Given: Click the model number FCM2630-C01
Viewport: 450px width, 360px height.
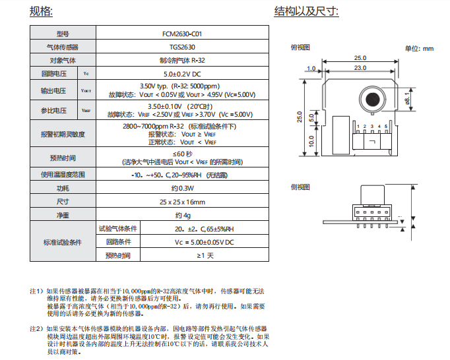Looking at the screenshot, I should point(182,34).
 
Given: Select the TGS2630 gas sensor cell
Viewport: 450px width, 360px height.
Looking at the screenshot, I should point(182,47).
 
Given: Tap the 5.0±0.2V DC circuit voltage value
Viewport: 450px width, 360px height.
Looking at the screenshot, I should point(182,74).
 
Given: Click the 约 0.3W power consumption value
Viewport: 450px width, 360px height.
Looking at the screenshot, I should point(182,189).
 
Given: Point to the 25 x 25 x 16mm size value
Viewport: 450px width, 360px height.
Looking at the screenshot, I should point(182,202).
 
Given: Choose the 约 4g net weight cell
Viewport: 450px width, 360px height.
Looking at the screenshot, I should point(182,215).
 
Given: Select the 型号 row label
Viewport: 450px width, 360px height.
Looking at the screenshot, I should point(63,34).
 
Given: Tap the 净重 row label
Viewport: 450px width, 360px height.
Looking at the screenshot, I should point(63,215).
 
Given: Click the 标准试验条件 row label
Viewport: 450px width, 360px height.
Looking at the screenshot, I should point(63,242).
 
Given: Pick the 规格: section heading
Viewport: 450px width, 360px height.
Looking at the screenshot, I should point(42,11).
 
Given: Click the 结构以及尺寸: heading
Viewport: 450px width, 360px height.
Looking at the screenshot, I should point(306,11).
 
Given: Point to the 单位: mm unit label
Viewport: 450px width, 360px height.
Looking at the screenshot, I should point(419,48).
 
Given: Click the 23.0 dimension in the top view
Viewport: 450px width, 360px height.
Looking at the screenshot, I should point(360,68).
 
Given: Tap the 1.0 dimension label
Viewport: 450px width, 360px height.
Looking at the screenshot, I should point(311,68).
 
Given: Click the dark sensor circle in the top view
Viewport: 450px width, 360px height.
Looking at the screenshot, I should point(371,99).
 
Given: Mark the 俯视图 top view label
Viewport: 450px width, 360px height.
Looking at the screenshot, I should point(301,47).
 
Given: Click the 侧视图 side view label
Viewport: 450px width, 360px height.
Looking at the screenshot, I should point(301,187).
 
